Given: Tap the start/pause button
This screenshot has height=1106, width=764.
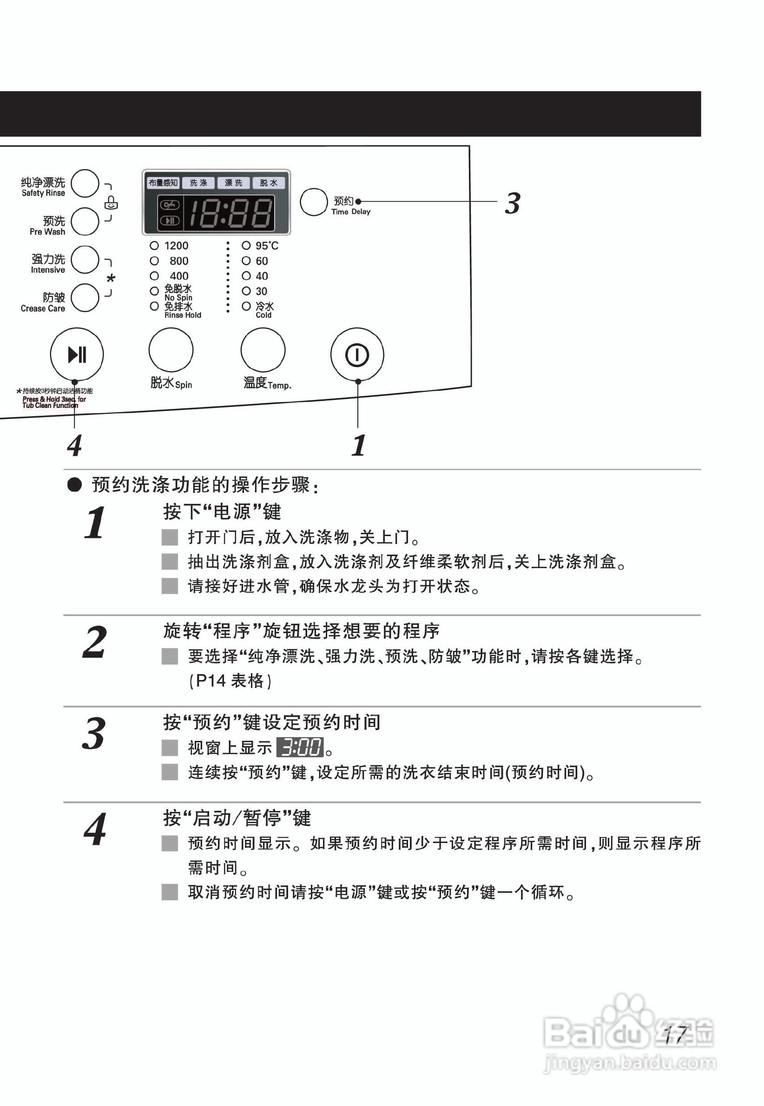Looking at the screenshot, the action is point(77,354).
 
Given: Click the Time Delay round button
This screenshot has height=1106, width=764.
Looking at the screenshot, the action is point(314,202).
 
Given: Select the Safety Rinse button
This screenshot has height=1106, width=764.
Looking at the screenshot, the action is point(85,183).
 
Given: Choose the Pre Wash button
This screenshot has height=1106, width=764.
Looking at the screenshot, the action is point(85,222).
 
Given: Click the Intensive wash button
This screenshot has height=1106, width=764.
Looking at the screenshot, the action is point(85,260).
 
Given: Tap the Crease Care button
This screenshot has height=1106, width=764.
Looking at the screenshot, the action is point(85,298).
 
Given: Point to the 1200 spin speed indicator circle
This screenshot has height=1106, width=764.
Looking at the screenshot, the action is point(154,246).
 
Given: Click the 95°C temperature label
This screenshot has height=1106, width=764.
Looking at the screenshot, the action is point(267,246).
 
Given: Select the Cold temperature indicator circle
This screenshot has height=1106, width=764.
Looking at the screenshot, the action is point(246,306).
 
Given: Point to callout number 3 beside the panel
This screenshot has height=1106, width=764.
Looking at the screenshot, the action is point(512,203).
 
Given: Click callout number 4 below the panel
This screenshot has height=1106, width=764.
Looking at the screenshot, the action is point(74,445).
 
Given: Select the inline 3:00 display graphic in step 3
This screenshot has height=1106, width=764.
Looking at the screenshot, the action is point(300,747).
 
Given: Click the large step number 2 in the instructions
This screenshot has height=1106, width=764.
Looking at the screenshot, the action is point(94,642).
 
